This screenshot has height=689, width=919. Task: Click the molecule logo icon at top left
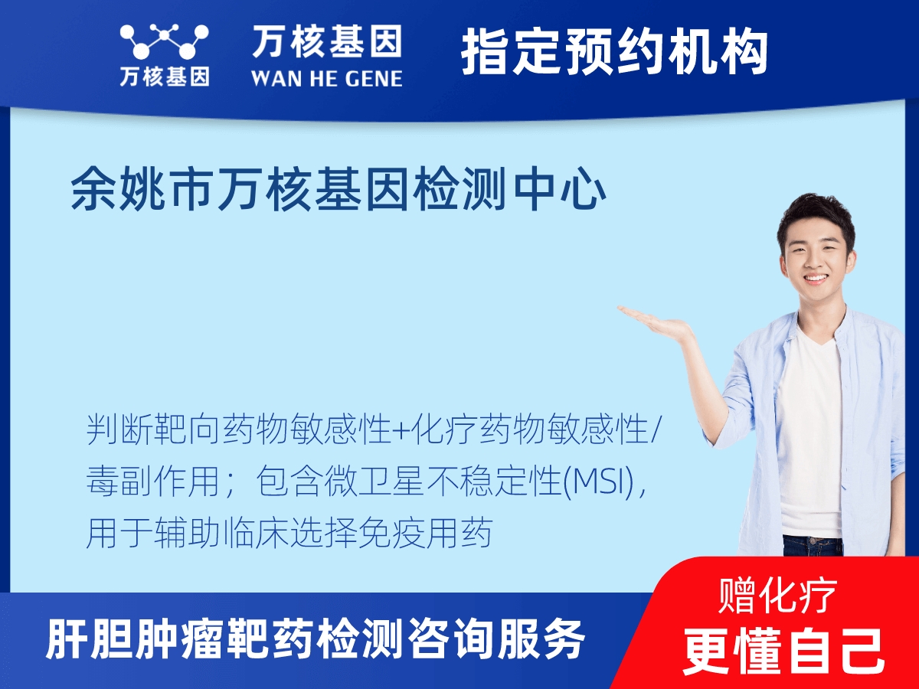tap(164, 42)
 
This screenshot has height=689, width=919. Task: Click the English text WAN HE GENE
tap(326, 77)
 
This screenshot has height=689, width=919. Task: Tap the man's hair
tap(815, 211)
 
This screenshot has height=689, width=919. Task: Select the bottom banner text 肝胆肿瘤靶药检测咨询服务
tap(316, 639)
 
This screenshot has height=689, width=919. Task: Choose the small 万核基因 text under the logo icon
tap(164, 77)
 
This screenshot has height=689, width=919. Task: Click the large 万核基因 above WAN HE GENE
tap(326, 42)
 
